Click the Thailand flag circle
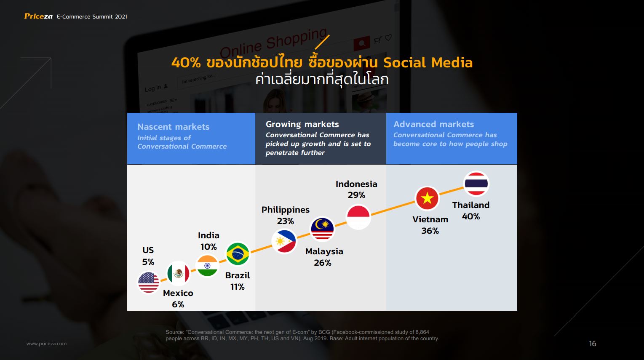476,183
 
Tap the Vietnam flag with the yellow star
427,198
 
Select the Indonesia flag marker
358,217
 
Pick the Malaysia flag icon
322,229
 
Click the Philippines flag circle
284,241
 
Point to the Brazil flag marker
238,254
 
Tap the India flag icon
207,266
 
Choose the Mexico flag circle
178,273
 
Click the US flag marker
149,283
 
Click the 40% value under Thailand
470,216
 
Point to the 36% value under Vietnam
430,231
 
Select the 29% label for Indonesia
356,195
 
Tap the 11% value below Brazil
238,287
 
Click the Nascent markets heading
174,127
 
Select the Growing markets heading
302,124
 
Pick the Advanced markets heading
433,124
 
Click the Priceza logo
38,16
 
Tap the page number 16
593,344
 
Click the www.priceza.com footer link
47,344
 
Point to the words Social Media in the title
428,63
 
